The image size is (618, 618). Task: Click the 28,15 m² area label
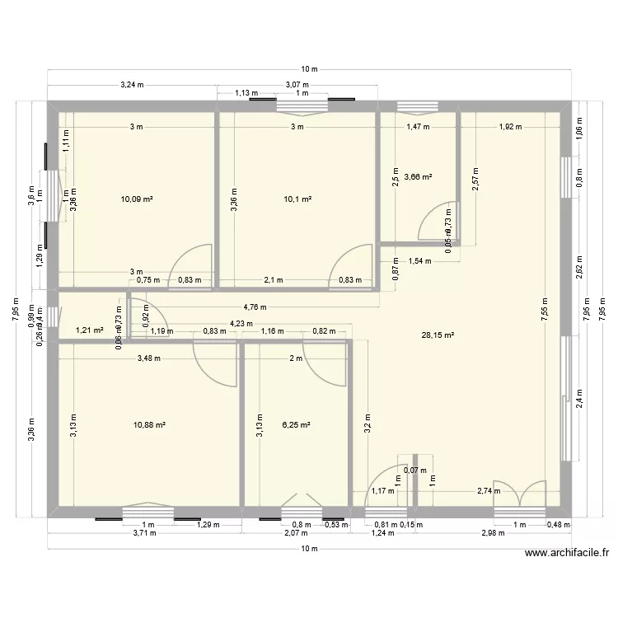tap(438, 335)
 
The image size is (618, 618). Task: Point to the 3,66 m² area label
tap(419, 176)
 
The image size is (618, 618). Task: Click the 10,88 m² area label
tap(149, 425)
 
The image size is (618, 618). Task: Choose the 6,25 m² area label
tap(296, 425)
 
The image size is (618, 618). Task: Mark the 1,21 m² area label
tap(89, 330)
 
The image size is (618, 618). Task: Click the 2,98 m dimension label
tap(492, 534)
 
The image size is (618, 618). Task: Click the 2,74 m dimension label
tap(489, 491)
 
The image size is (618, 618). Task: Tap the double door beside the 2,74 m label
tap(519, 494)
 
